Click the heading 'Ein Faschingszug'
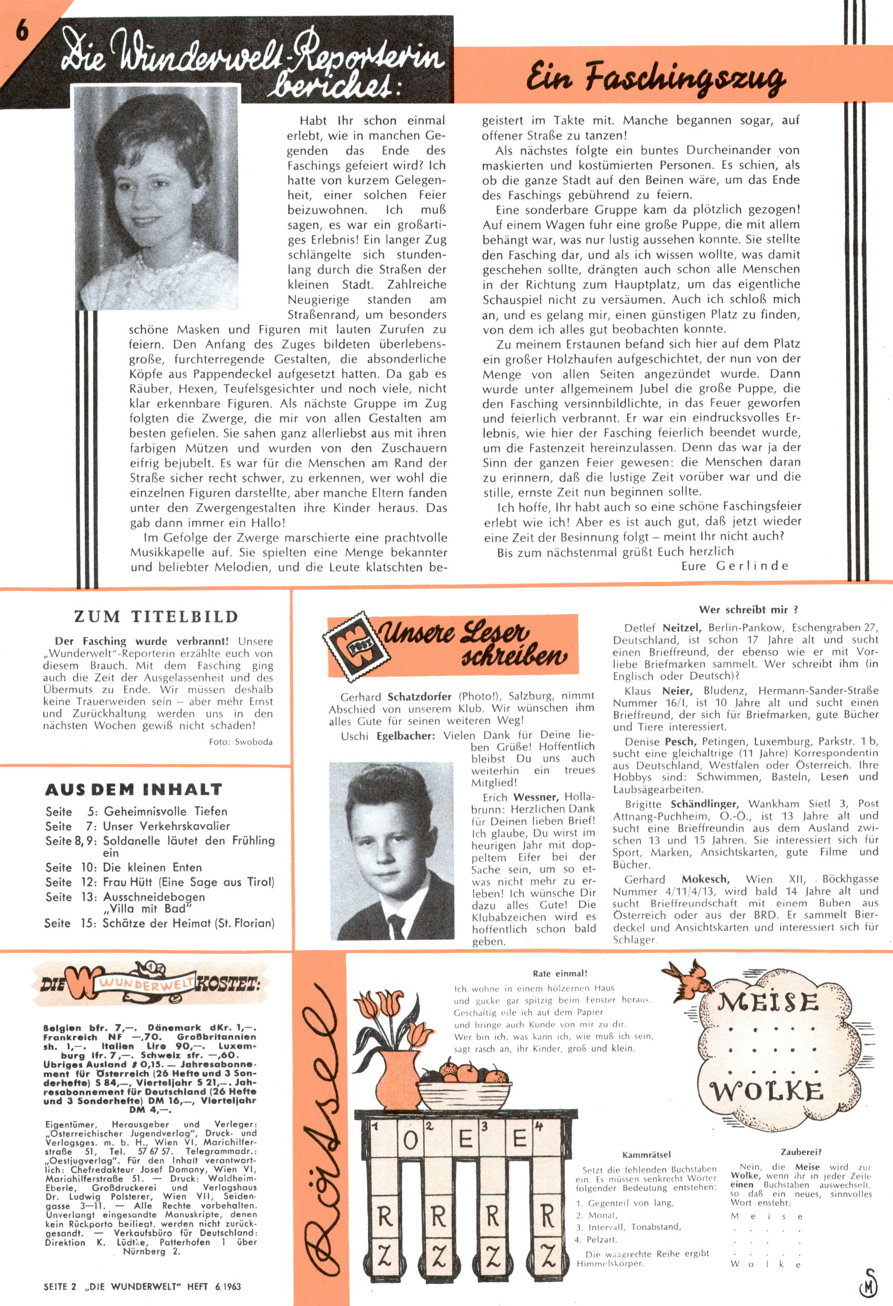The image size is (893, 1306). point(656,78)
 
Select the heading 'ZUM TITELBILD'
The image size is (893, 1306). point(156,617)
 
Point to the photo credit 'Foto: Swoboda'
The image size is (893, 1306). point(241,742)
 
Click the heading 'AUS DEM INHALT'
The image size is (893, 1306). point(134,789)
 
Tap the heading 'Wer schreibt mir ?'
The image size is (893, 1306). point(749,610)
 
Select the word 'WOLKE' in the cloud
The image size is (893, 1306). point(767,1092)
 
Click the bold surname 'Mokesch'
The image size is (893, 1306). point(706,879)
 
